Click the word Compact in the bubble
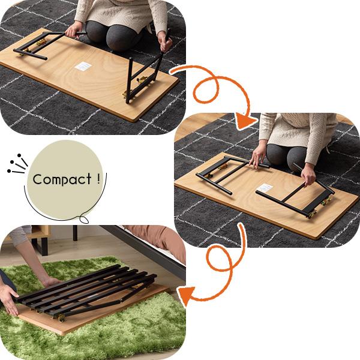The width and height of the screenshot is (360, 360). pos(62,179)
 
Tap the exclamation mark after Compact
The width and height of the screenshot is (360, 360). pos(98,178)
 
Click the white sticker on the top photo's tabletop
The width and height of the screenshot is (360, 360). pos(83,66)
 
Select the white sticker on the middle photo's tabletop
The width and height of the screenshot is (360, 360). pos(265,188)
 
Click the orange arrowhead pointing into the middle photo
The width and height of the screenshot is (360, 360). pos(246,121)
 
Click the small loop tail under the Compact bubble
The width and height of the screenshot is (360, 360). pos(84,220)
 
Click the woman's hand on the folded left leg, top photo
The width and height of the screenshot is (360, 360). pos(74,31)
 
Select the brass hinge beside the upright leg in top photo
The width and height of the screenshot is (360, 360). pos(142,80)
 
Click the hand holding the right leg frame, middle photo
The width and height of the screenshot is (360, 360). pos(308,175)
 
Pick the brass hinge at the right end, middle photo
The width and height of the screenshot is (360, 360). pos(326,202)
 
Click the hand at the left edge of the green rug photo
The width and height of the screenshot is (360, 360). pos(9,301)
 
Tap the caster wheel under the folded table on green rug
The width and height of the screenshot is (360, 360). pos(61,318)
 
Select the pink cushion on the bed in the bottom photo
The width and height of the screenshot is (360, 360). pos(158,239)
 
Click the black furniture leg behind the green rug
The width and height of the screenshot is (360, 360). pos(75,233)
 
